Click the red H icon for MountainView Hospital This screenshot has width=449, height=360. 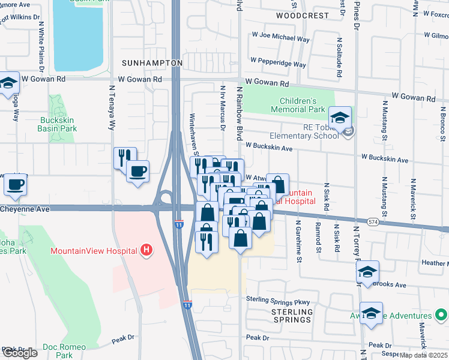click(x=145, y=250)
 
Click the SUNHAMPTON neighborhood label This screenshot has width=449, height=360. click(x=152, y=62)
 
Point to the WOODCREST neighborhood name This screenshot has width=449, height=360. click(x=303, y=15)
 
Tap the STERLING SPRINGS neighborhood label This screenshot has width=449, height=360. click(x=292, y=316)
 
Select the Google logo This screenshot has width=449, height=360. click(x=19, y=352)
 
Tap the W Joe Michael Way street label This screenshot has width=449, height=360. click(x=282, y=37)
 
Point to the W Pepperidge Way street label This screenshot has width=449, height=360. click(x=279, y=62)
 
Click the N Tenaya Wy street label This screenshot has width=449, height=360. click(x=111, y=108)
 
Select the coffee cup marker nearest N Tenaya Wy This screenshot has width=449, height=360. click(x=137, y=172)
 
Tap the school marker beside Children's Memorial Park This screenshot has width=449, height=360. click(x=340, y=118)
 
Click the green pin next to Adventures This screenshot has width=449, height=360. click(x=442, y=315)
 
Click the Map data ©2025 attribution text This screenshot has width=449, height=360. click(x=424, y=355)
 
